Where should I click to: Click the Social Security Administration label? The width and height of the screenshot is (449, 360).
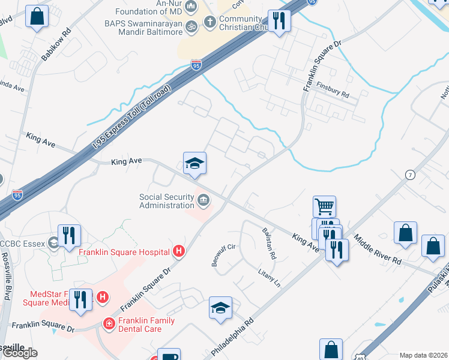pos(167,201)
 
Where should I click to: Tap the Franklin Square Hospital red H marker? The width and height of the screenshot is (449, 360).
pos(178,251)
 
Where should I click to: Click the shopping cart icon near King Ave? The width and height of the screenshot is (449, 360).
pos(324,207)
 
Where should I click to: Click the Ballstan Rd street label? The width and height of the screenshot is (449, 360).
pos(269,243)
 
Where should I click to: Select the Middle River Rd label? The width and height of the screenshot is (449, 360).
pos(378,250)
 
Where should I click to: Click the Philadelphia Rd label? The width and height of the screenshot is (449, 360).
pos(234,335)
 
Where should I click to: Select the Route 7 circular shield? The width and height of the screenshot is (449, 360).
pos(410,175)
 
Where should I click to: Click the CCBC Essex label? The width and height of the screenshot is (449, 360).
pos(22,243)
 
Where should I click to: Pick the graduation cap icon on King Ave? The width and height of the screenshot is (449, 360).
pos(194,163)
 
